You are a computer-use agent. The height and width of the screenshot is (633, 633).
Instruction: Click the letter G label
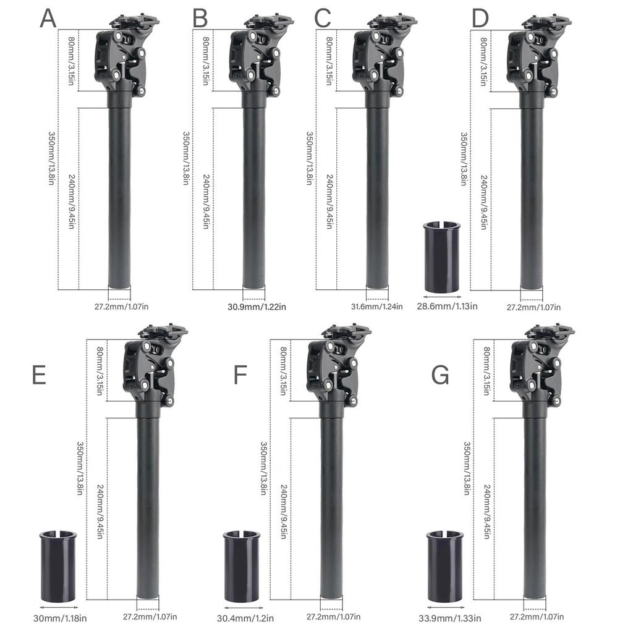(x=440, y=375)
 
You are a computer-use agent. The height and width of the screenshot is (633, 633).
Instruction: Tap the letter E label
(x=39, y=375)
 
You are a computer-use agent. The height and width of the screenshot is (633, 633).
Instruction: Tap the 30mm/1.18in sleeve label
(x=60, y=617)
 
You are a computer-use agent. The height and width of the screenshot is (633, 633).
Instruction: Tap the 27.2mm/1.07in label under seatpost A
(x=121, y=306)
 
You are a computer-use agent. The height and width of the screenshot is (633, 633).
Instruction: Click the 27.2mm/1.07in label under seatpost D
(x=533, y=307)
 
